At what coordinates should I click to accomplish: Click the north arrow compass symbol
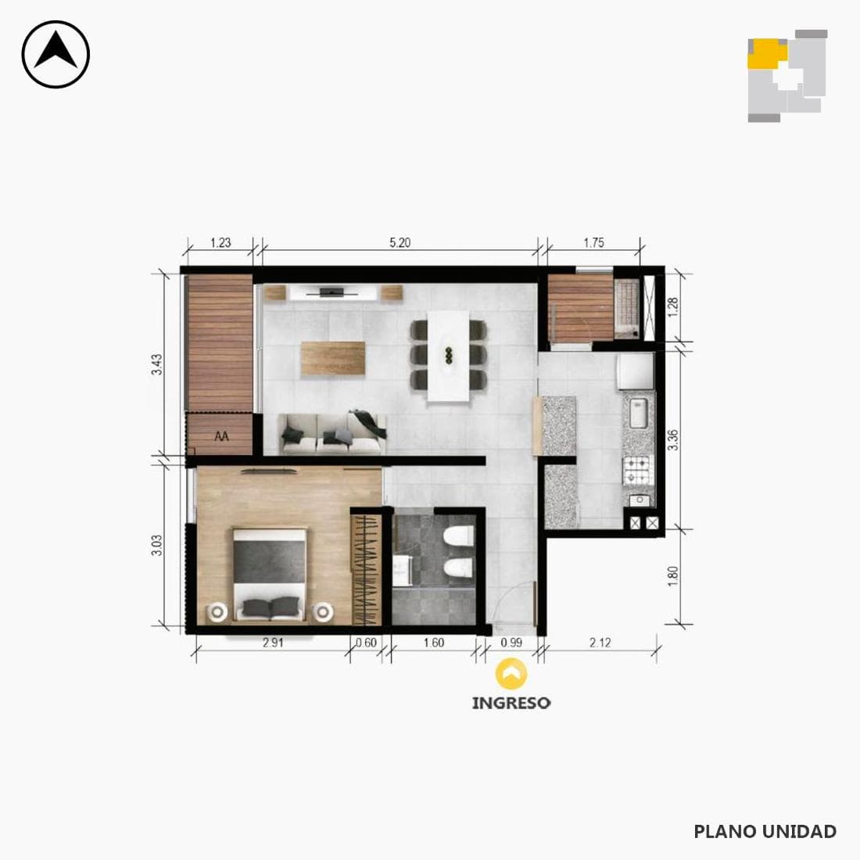56,54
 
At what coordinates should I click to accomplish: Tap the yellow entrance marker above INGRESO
511,673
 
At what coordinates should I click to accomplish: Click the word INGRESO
511,703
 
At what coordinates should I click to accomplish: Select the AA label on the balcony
221,436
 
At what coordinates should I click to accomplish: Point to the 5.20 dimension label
400,242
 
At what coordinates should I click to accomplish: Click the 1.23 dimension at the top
220,242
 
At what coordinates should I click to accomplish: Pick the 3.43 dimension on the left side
157,365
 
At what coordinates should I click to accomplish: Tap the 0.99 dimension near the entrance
511,642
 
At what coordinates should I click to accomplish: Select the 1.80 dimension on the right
673,576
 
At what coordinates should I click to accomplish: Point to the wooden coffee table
333,359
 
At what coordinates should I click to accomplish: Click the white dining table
449,356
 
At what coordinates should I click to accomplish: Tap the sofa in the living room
333,434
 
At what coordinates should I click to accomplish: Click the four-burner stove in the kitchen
638,470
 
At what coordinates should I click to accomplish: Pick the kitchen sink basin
639,413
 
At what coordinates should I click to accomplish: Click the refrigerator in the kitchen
636,371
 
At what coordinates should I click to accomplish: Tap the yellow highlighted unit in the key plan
767,54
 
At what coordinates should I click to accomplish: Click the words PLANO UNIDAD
765,832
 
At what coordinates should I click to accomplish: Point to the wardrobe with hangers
367,569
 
